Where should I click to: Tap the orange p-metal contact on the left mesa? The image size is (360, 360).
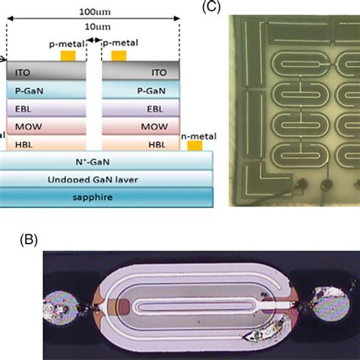tap(69, 56)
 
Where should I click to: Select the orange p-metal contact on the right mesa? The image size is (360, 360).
tap(118, 56)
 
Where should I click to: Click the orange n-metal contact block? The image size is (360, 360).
tap(194, 144)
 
